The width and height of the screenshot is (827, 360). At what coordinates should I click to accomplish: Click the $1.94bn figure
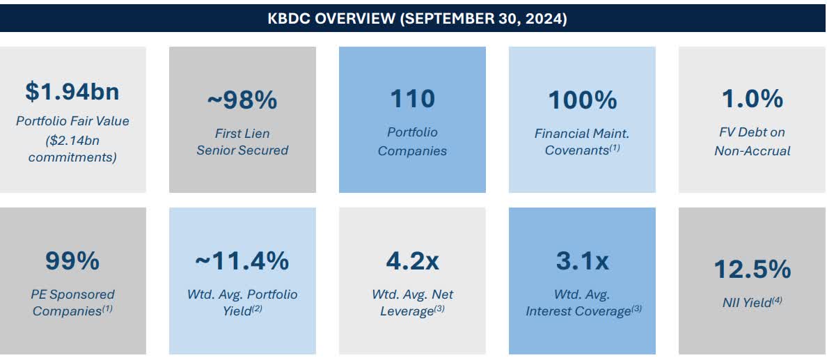point(72,91)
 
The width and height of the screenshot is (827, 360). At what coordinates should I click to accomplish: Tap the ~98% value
point(242,100)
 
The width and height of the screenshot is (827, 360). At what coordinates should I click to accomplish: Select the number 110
point(412,99)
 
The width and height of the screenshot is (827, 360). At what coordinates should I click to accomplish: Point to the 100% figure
point(582,100)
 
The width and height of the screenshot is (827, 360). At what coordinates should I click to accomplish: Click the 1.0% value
point(752,99)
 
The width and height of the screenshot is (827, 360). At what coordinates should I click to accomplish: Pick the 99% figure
point(72,261)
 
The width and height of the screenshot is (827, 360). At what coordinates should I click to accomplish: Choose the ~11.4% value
point(242,261)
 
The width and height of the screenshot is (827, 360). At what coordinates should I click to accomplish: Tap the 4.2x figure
point(412,261)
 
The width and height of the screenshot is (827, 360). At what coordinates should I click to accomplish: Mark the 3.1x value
point(582,261)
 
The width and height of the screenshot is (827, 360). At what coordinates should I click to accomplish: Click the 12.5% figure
point(752,269)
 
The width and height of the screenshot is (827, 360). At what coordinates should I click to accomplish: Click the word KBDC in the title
point(289,19)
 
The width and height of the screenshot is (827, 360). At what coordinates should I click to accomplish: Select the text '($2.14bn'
point(72,139)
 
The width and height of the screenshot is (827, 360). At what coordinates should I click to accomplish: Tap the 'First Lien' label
point(242,133)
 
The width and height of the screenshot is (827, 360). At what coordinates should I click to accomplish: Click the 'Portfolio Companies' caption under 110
point(412,141)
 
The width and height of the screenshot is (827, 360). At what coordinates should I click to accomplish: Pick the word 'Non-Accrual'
point(752,150)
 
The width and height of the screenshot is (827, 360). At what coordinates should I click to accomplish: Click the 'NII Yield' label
point(748,302)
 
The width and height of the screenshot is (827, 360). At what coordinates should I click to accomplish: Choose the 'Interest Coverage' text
point(578,311)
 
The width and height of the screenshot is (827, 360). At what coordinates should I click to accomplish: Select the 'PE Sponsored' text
point(72,295)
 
